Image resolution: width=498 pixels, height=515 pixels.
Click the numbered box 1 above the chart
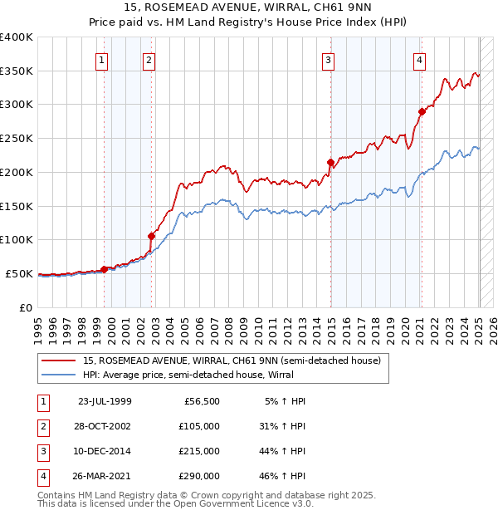101,59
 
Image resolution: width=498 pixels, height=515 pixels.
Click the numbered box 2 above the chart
148,59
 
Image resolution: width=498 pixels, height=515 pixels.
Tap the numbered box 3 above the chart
329,59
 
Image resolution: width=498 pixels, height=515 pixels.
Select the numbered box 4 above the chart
420,59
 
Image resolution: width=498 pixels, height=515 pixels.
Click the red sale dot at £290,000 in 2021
422,111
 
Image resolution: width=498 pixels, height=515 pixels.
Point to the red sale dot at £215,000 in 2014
330,162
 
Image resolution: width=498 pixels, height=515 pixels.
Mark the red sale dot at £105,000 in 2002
152,236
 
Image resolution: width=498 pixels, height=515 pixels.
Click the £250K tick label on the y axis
17,139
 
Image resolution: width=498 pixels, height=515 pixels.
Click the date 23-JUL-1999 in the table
104,401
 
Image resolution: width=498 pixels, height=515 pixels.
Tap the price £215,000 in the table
199,451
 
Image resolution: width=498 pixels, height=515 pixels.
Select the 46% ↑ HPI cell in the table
281,476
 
